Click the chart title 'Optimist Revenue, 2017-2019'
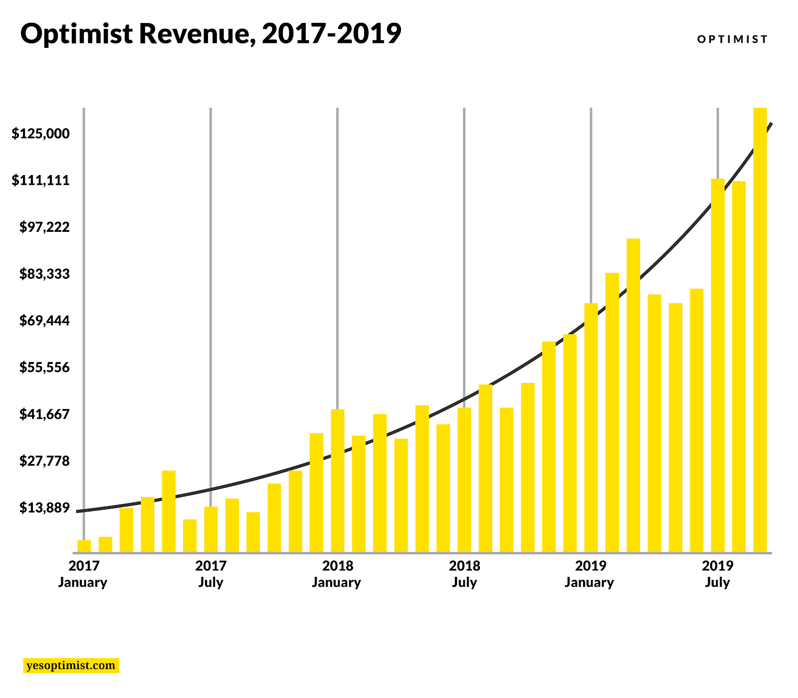(x=210, y=34)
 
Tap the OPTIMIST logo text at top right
(x=732, y=39)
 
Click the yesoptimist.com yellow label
(x=71, y=666)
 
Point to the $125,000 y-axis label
(x=41, y=134)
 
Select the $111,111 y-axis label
(x=41, y=180)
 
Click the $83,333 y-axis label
(x=44, y=274)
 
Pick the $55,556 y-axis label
(x=44, y=367)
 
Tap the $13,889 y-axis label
(x=44, y=508)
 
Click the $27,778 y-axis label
(x=44, y=461)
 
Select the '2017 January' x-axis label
(x=83, y=574)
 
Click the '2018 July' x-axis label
(x=464, y=574)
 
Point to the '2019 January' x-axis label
(x=590, y=574)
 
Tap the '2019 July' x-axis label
(x=717, y=574)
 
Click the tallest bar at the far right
(x=760, y=329)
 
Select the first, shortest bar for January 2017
(x=84, y=546)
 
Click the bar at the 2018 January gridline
(x=338, y=481)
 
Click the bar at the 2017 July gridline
(x=211, y=529)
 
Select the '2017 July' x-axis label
(x=210, y=574)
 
